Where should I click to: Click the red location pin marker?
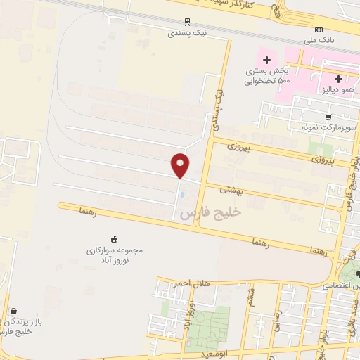coord(181,165)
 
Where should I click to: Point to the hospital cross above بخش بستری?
coord(267,58)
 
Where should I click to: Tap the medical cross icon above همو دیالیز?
coord(339,79)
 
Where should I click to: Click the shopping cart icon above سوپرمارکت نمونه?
coord(328,117)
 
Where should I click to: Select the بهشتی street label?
coord(231,190)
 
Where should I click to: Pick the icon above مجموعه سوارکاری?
coord(115,238)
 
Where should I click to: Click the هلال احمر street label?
coord(193,282)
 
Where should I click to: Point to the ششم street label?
coord(251,300)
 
